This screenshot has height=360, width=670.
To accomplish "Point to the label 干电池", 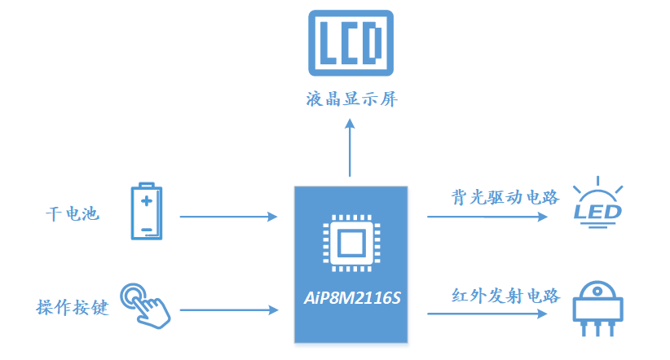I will (72, 215).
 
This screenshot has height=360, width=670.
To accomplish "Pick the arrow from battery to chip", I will (228, 217).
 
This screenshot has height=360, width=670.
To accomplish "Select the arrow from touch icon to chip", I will (228, 310).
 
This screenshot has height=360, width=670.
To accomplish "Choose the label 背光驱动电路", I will (505, 197).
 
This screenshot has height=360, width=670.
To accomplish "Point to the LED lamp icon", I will (598, 203).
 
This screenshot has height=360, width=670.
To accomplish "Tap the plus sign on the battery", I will (147, 200).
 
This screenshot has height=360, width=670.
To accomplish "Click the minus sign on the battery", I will (147, 229).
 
